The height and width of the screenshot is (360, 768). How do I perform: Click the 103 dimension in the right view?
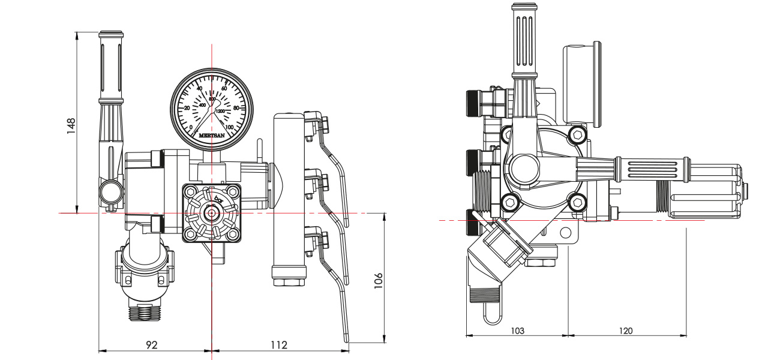(x=517, y=331)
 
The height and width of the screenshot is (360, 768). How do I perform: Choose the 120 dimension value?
(x=626, y=331)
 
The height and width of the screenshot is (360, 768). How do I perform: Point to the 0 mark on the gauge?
(x=191, y=127)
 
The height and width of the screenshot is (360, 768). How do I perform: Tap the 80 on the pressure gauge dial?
(x=235, y=108)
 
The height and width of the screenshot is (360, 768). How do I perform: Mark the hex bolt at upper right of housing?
(x=577, y=134)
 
